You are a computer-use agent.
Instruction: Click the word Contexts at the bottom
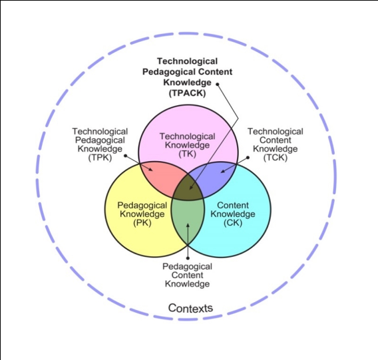coord(190,308)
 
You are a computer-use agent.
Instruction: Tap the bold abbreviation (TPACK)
coord(187,93)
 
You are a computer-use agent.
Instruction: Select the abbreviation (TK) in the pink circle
coord(187,154)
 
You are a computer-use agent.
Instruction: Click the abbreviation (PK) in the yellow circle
coord(142,223)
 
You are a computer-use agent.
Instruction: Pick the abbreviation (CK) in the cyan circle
coord(233,223)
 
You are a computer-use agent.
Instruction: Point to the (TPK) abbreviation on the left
coord(100,158)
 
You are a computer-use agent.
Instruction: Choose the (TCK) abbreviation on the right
coord(276,158)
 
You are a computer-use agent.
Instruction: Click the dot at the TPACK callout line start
coord(217,85)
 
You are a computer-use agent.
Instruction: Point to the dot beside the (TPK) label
coord(125,156)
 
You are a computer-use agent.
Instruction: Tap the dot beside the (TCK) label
coord(248,158)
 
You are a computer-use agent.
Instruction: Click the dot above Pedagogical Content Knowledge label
coord(188,258)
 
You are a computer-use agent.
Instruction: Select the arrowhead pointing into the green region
coord(188,225)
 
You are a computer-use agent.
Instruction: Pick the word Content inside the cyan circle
coord(233,205)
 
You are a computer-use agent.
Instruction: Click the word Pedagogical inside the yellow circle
coord(142,206)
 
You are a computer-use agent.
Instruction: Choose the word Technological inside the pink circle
coord(187,136)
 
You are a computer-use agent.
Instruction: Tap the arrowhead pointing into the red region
coord(150,169)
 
